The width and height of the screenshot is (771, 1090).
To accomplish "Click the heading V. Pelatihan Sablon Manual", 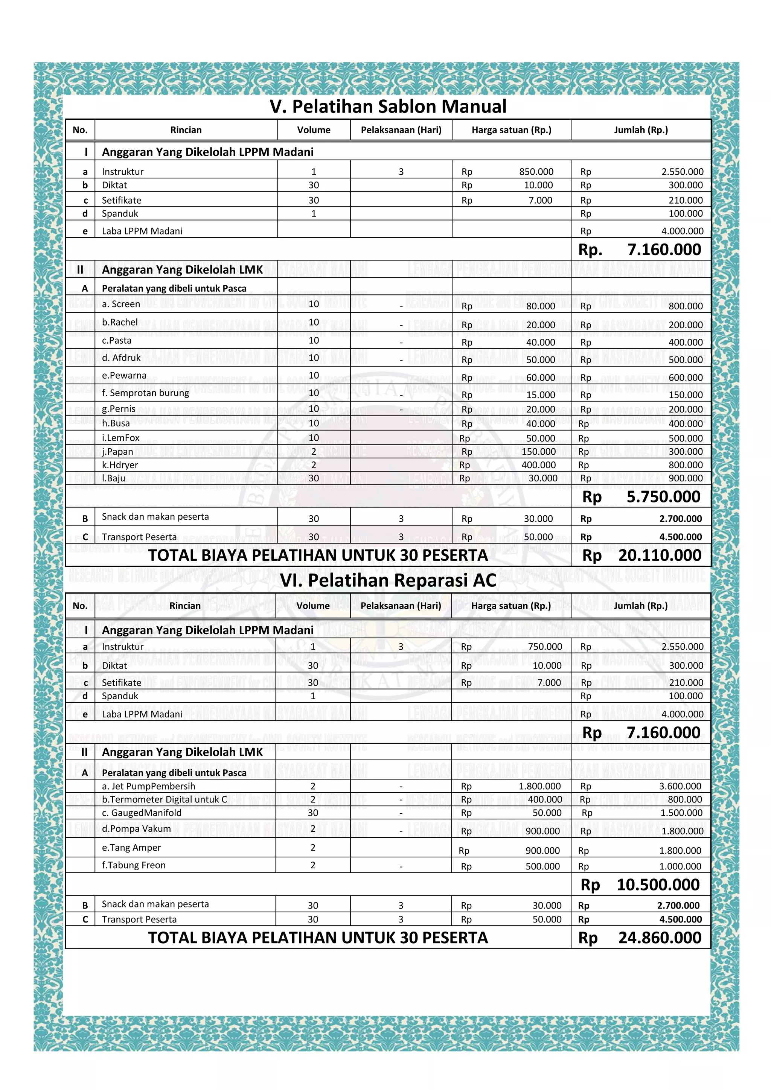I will pos(388,107).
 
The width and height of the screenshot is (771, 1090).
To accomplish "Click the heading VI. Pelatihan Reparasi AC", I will pos(388,580).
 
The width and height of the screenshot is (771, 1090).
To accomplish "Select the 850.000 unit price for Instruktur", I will pos(536,172).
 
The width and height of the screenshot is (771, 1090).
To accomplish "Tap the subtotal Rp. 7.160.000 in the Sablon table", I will pos(640,250).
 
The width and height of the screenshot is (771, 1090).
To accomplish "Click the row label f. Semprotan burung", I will pos(145,393).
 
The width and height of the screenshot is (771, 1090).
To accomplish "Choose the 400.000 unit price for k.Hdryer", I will pos(538,465).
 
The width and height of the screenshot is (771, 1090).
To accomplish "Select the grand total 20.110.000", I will pos(660,556).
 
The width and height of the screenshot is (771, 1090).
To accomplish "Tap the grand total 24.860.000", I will pos(660,938).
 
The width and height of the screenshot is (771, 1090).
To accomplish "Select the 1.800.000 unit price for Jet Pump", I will pos(539,787).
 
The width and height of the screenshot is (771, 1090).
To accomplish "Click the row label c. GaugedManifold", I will pos(142,813).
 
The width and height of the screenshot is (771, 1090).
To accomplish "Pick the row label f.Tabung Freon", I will pos(134,865).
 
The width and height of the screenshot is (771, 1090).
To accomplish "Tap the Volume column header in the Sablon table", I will pos(313,130).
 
